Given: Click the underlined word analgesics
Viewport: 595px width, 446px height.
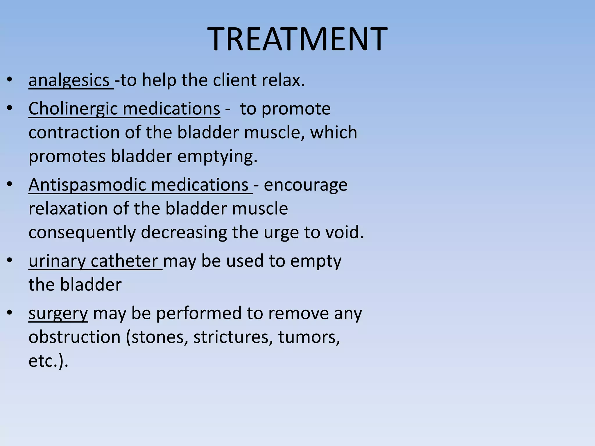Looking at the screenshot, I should point(69,80).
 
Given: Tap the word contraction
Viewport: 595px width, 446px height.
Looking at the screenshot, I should point(74,133).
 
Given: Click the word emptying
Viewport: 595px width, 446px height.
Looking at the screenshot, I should point(217,157).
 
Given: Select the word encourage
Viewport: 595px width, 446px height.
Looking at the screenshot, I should point(305,185).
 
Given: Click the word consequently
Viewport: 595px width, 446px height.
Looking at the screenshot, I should point(82,233).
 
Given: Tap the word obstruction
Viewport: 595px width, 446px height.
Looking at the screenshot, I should point(74,337).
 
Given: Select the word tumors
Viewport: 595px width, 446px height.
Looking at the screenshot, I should point(309,337).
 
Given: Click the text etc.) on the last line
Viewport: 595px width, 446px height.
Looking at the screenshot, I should point(48,361).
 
